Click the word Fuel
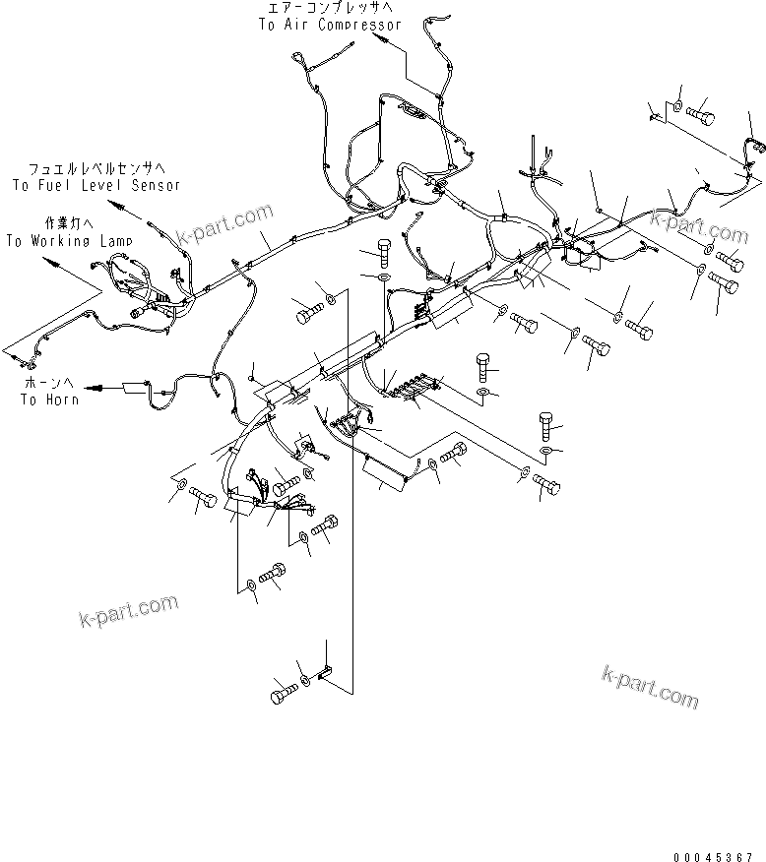click(x=58, y=184)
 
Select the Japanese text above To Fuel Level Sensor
click(x=96, y=168)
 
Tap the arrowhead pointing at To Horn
click(x=93, y=389)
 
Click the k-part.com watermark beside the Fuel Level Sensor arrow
click(x=223, y=225)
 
